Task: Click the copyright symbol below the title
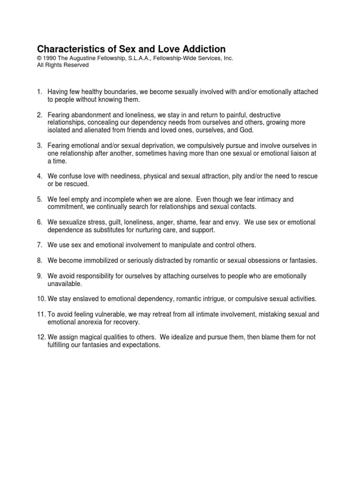pyautogui.click(x=40, y=58)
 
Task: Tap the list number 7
pyautogui.click(x=40, y=245)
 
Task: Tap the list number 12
pyautogui.click(x=41, y=337)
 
